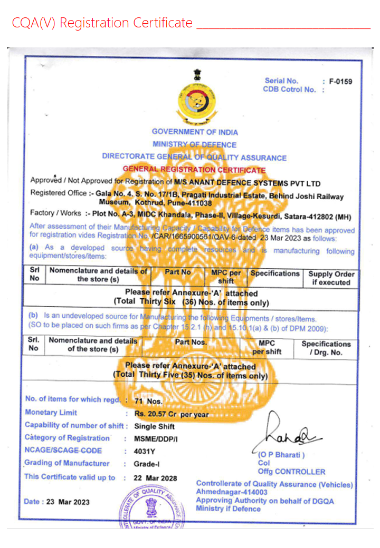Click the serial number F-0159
pyautogui.click(x=340, y=81)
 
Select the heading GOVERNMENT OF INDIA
pyautogui.click(x=195, y=132)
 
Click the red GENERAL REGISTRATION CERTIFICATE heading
pyautogui.click(x=194, y=170)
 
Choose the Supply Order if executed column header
pyautogui.click(x=331, y=278)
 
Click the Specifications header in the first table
pyautogui.click(x=275, y=273)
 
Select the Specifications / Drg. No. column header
pyautogui.click(x=326, y=348)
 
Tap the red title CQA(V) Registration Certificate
pyautogui.click(x=102, y=23)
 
